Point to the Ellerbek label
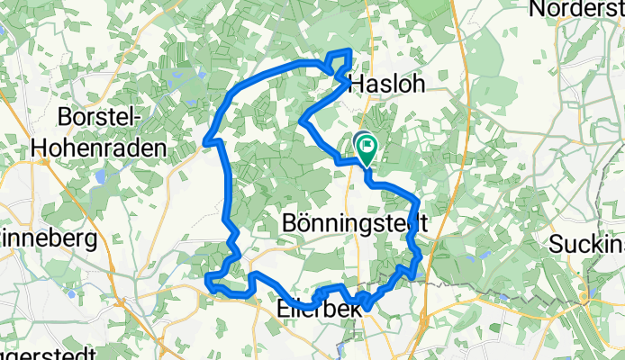tap(317, 308)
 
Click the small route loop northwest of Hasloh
tap(340, 62)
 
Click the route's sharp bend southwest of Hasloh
tap(302, 120)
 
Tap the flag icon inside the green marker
tap(368, 144)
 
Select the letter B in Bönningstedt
tap(290, 221)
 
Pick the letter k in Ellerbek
tap(354, 308)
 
